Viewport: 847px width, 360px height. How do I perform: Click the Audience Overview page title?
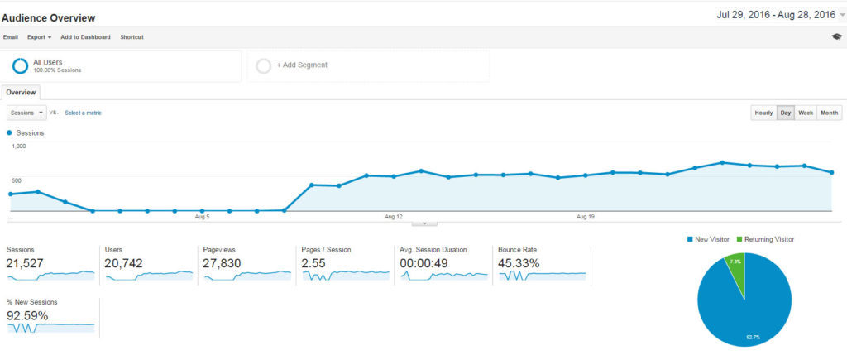coord(49,17)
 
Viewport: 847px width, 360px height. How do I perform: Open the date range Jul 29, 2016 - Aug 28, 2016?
coord(777,15)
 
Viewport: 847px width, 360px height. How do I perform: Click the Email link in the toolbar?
coord(11,37)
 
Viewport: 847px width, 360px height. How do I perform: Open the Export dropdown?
coord(39,37)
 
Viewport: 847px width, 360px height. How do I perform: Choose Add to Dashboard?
coord(85,37)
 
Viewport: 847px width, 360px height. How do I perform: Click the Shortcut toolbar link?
coord(132,37)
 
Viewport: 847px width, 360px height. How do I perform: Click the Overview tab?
coord(21,93)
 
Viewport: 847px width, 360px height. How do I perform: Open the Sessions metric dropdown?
coord(26,113)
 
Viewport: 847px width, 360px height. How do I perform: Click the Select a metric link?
coord(83,113)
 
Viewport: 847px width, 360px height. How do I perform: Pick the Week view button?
coord(806,113)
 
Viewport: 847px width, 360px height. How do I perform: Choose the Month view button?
coord(830,113)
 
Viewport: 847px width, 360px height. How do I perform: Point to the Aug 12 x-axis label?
coord(394,217)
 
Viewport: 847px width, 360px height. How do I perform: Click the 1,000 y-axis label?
coord(19,146)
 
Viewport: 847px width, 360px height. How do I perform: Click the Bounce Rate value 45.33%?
coord(519,263)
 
